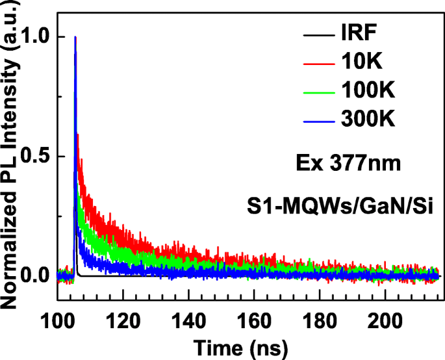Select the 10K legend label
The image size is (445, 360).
pyautogui.click(x=357, y=62)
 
